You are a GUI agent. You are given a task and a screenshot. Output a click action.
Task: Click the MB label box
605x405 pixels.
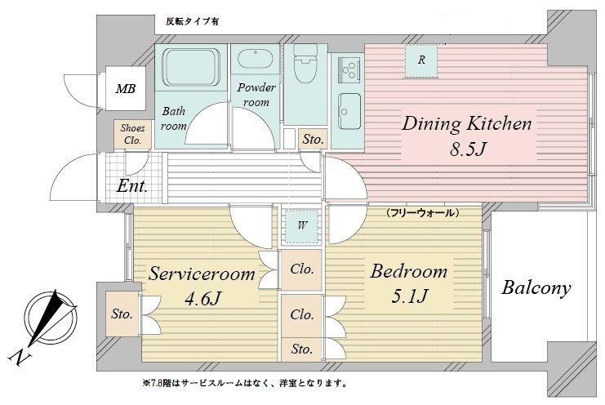click(x=126, y=89)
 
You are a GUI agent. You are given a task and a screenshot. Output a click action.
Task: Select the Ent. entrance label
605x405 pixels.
click(x=132, y=187)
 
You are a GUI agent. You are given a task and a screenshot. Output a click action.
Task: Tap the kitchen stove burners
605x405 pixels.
click(x=346, y=64)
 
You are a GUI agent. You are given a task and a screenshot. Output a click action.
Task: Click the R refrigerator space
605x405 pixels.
click(x=421, y=60)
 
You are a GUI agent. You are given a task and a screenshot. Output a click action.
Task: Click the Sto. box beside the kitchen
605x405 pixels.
click(x=312, y=140)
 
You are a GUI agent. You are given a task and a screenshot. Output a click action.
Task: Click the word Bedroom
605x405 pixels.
click(x=407, y=271)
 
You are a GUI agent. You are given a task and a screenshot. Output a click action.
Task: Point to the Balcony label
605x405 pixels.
click(x=536, y=287)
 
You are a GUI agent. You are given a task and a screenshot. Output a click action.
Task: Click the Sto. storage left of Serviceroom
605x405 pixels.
click(x=122, y=314)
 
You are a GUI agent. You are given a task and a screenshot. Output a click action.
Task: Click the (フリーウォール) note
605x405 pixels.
click(x=421, y=212)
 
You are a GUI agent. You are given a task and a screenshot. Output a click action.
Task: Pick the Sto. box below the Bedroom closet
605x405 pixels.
click(x=301, y=349)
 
